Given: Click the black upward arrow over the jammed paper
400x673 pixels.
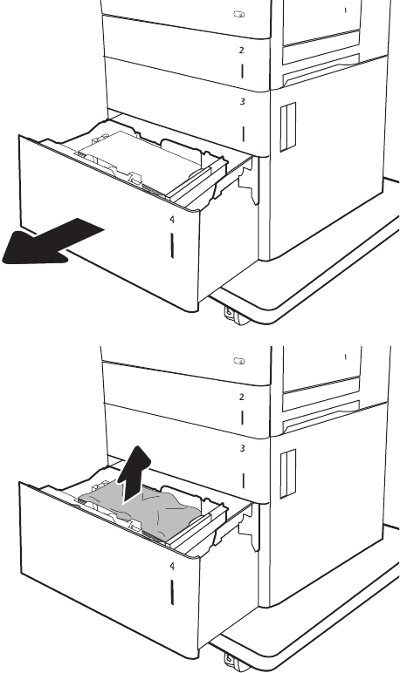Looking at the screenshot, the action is click(x=134, y=474).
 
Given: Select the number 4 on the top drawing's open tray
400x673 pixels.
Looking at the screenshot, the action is click(x=172, y=220).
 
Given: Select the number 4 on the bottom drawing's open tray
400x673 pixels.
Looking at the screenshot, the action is click(x=172, y=567).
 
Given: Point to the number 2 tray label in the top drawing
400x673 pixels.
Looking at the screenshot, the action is click(x=242, y=51).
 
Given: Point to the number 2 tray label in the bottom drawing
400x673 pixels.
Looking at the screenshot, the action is click(x=242, y=397).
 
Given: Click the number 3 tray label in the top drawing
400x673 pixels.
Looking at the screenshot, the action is click(x=243, y=102).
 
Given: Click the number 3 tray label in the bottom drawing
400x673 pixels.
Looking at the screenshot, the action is click(x=243, y=449).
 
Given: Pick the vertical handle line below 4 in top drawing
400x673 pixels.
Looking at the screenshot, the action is click(x=172, y=246).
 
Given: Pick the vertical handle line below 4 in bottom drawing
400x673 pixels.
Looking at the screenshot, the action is click(x=172, y=593).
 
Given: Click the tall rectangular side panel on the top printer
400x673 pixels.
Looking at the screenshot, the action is click(x=288, y=127).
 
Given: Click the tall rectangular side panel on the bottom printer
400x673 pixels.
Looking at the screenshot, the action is click(x=288, y=474).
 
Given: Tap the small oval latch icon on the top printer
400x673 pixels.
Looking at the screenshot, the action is click(x=239, y=14).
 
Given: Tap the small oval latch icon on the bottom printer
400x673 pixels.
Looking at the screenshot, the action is click(x=239, y=361).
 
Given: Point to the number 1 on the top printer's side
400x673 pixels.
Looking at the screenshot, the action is click(x=345, y=10).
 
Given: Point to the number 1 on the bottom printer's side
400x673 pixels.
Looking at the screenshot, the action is click(x=345, y=357).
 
